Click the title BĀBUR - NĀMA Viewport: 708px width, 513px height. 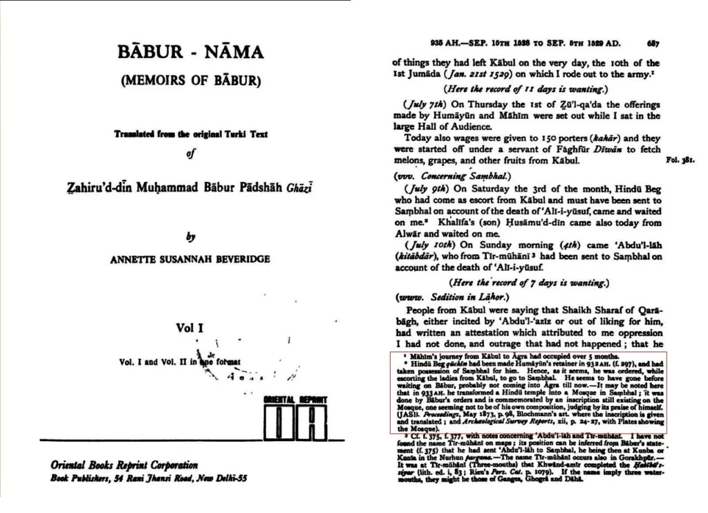[x=191, y=53]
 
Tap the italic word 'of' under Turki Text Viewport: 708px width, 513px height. [x=189, y=154]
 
